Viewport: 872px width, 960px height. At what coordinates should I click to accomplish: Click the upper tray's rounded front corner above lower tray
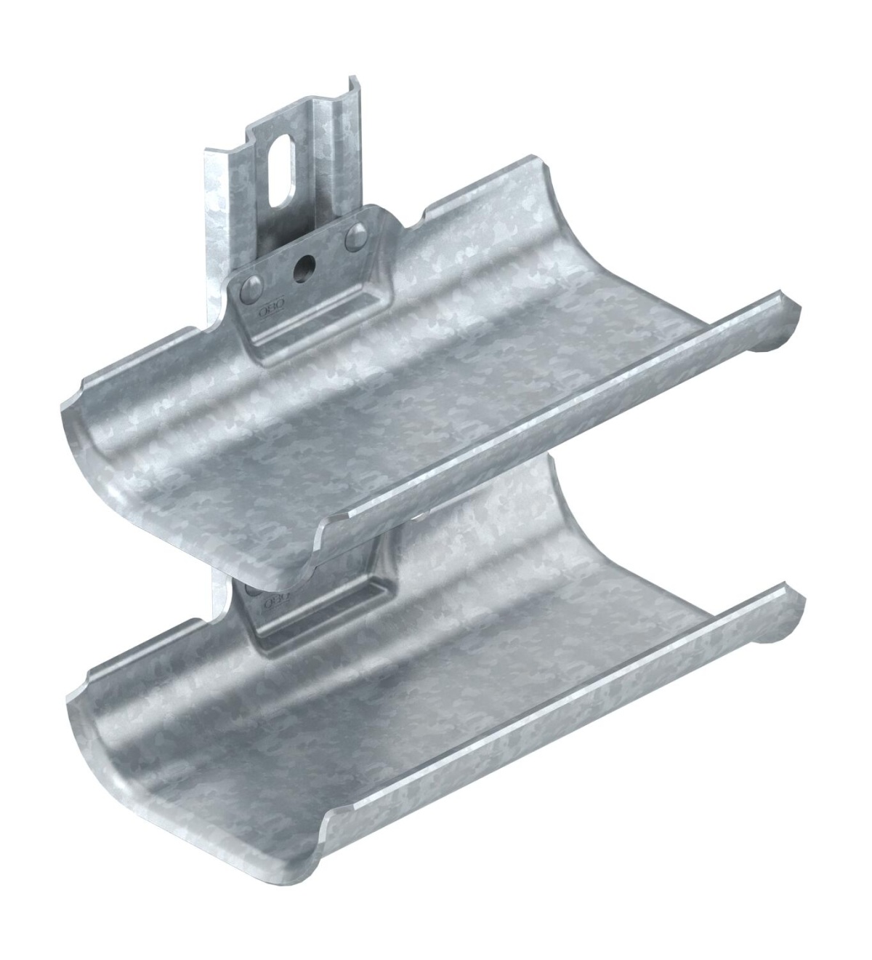tap(320, 553)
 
